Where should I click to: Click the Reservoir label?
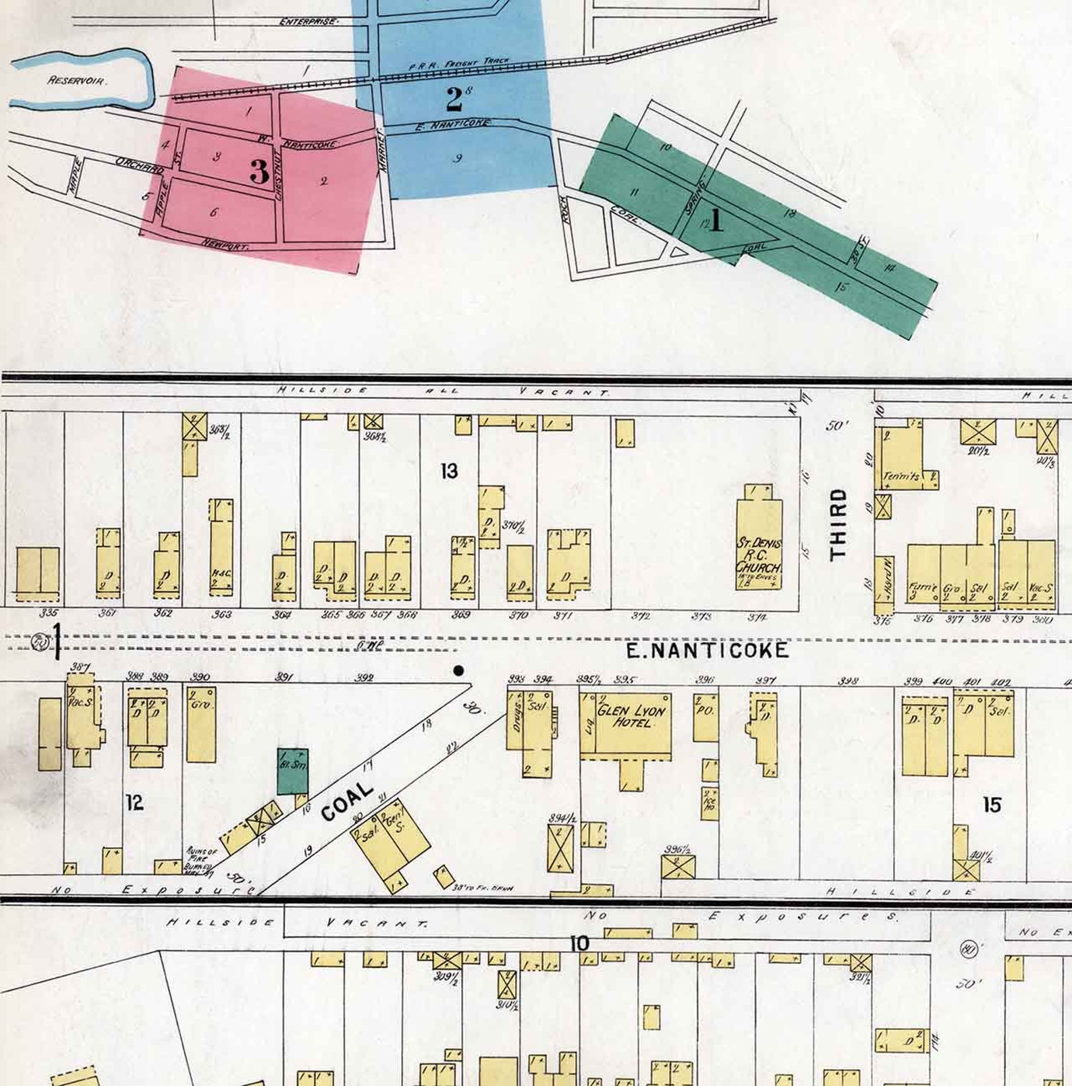[77, 80]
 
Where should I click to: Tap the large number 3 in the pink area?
[259, 171]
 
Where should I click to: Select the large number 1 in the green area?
[716, 220]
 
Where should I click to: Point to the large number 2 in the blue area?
[454, 99]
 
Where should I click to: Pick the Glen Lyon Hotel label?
[631, 716]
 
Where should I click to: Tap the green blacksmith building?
[293, 770]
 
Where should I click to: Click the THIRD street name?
[838, 524]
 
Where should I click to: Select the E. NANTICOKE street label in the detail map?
[707, 650]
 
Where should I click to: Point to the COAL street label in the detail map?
[347, 801]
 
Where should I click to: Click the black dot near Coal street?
[459, 670]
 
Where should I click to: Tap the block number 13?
[449, 471]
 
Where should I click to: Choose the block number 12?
[134, 802]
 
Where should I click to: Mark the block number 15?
[991, 805]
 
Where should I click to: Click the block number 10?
[579, 944]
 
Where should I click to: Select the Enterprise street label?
[309, 22]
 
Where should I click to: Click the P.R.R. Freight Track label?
[459, 64]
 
